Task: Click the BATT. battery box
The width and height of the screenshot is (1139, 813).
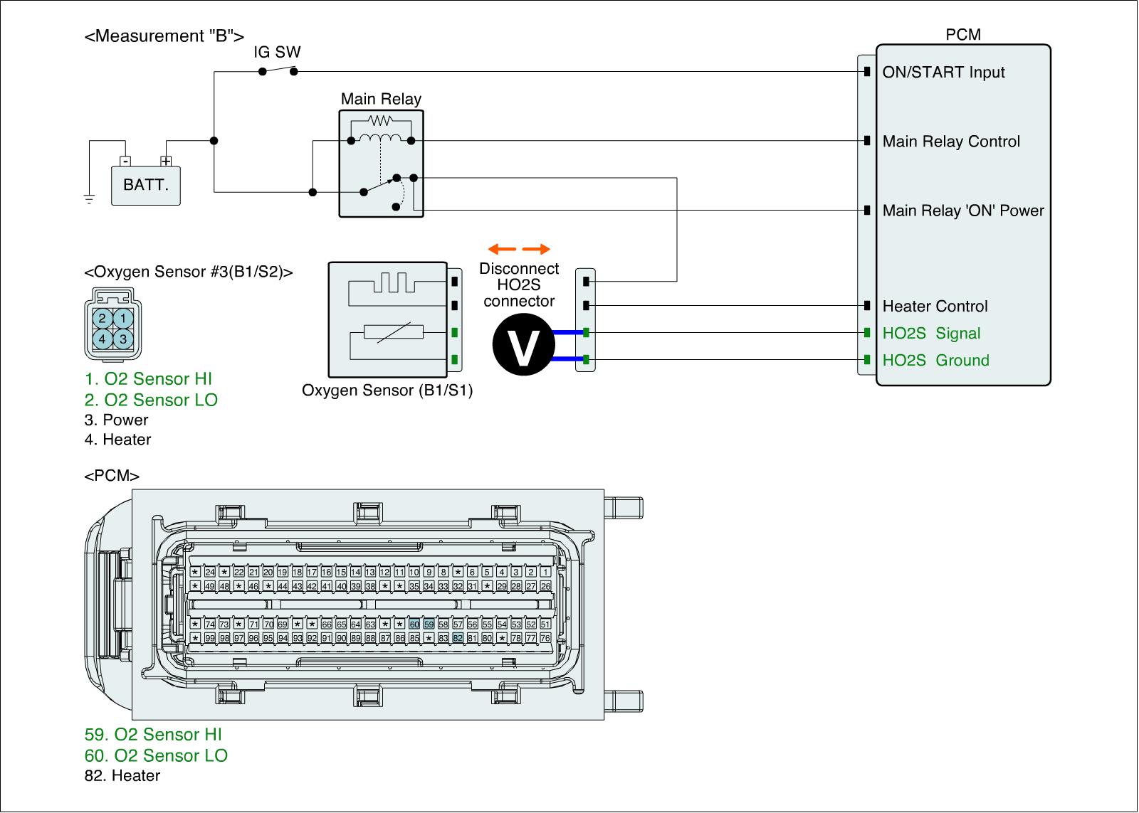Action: [146, 186]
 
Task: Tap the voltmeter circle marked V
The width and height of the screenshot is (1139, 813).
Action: [523, 346]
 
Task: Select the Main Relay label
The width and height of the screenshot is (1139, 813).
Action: [381, 99]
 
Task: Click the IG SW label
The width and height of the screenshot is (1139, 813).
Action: [278, 52]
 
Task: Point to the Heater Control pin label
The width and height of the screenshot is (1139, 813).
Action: [935, 307]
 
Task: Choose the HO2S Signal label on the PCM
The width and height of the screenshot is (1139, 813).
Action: [931, 334]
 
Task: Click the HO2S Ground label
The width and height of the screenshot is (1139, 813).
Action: [935, 361]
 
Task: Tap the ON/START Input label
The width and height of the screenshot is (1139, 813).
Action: [943, 73]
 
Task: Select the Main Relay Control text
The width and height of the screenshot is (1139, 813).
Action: [951, 142]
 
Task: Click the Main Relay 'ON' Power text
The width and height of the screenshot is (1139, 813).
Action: [963, 211]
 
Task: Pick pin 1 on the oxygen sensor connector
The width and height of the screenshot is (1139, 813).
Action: [123, 319]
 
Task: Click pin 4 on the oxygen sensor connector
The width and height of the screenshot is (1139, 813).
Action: [103, 339]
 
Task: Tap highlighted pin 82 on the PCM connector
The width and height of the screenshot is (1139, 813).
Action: [458, 638]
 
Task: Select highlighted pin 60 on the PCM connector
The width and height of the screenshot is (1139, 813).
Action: [414, 624]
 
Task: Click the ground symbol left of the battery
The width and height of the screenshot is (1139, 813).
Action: [89, 198]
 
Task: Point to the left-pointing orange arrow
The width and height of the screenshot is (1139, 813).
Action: [501, 249]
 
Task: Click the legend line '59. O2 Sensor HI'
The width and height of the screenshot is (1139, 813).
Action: [158, 735]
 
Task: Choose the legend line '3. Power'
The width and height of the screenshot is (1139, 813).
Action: [116, 420]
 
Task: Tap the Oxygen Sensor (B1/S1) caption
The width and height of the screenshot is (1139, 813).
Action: [387, 390]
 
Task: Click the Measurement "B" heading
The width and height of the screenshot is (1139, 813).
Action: [164, 36]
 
